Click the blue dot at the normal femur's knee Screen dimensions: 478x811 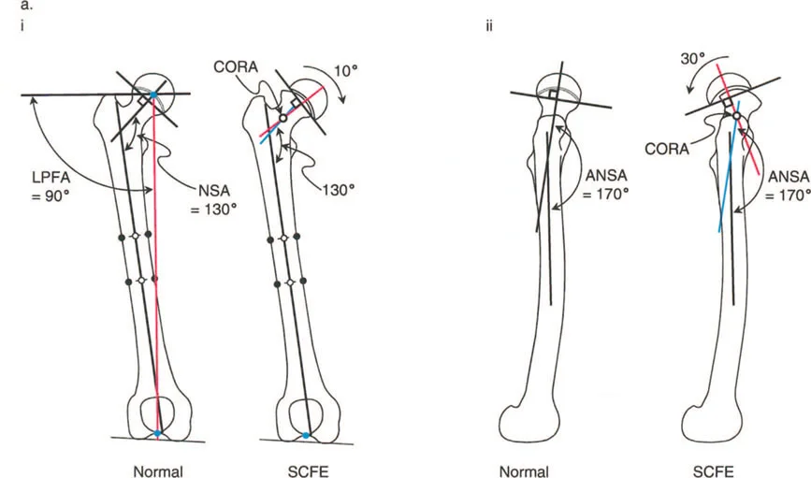click(158, 434)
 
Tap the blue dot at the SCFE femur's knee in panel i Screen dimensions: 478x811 click(307, 436)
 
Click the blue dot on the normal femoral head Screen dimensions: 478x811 click(153, 95)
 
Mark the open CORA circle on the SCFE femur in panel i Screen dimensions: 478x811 click(283, 119)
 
